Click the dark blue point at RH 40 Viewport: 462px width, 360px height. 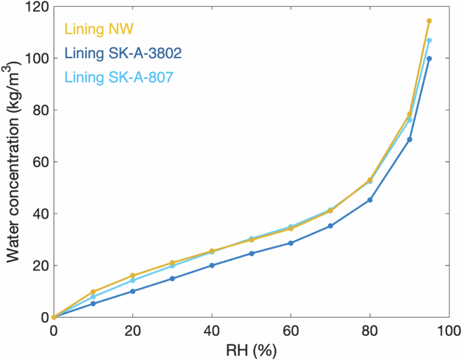[x=212, y=266]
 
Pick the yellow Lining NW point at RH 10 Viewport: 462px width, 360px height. [x=93, y=292]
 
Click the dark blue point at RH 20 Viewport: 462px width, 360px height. [x=133, y=291]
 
